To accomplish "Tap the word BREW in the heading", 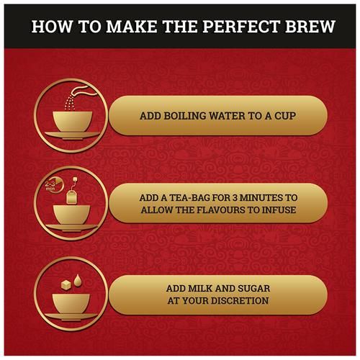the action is click(x=310, y=26).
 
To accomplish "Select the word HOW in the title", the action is click(x=52, y=26).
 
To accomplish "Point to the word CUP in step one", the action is click(x=285, y=116).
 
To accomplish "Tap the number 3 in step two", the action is click(x=235, y=198).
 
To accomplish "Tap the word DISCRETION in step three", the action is click(x=238, y=301).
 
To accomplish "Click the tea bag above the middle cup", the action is click(x=71, y=197).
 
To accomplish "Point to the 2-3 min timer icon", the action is click(x=53, y=186).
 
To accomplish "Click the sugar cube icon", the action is click(x=66, y=284).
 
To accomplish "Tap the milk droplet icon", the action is click(x=77, y=280).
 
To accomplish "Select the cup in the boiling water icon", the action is click(x=73, y=122).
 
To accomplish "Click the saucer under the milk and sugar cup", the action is click(x=71, y=317).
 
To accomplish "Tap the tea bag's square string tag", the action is click(x=75, y=179).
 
